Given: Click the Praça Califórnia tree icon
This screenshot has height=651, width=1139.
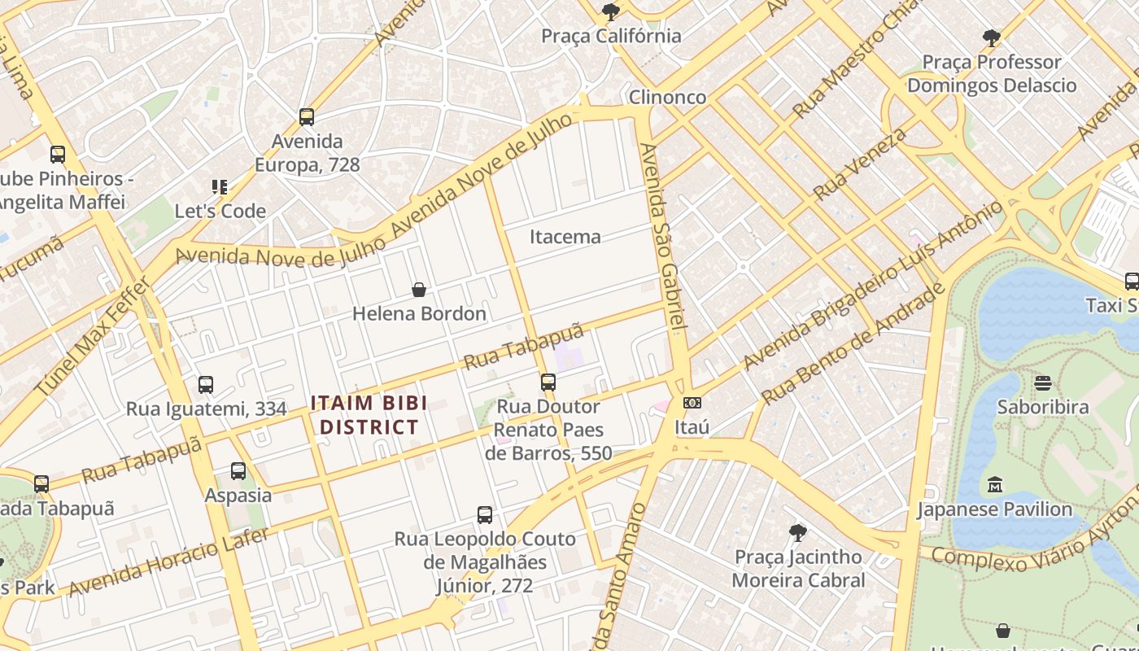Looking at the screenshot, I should [610, 11].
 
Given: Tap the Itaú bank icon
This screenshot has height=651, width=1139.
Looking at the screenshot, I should [692, 402].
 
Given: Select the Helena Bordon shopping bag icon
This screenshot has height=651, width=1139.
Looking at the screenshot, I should [419, 289].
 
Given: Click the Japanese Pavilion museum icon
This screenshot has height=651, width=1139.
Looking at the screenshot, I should [994, 485].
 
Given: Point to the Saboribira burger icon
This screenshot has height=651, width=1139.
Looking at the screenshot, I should [1043, 382].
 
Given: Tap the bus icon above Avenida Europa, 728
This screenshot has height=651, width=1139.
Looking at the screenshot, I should [306, 117].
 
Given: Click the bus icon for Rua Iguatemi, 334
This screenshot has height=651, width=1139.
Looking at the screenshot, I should [206, 384].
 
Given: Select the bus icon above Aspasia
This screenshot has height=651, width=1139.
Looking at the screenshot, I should [238, 470].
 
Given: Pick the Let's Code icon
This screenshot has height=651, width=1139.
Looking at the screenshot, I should [220, 187].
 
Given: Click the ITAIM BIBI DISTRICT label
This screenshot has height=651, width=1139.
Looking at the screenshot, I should [369, 414].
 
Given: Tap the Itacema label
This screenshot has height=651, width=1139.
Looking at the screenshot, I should [565, 237].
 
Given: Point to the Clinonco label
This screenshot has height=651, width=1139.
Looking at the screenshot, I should [667, 97].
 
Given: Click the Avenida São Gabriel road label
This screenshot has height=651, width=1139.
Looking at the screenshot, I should [664, 236].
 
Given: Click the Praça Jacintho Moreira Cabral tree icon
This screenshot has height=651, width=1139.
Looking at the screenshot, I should [798, 533].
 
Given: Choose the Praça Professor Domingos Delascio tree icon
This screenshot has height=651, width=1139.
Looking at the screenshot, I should [991, 37].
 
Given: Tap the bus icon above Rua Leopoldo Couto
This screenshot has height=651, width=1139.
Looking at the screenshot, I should [484, 514].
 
